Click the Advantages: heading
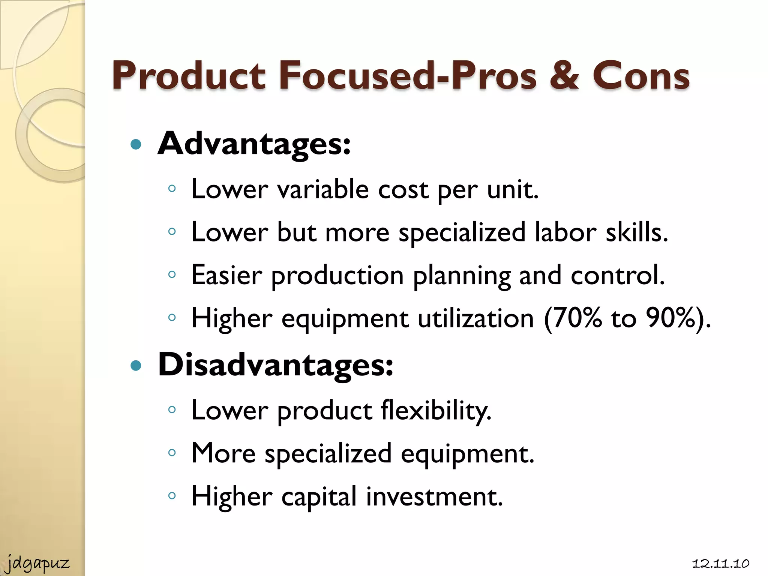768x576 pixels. point(254,144)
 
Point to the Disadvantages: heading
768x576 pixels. point(275,365)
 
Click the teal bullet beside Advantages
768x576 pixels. point(136,145)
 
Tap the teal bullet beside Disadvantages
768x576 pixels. point(136,366)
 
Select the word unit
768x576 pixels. point(512,189)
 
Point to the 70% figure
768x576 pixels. point(573,318)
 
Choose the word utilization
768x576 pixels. point(475,318)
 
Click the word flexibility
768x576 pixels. point(436,410)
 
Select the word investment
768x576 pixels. point(434,496)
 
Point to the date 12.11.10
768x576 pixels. point(720,564)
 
